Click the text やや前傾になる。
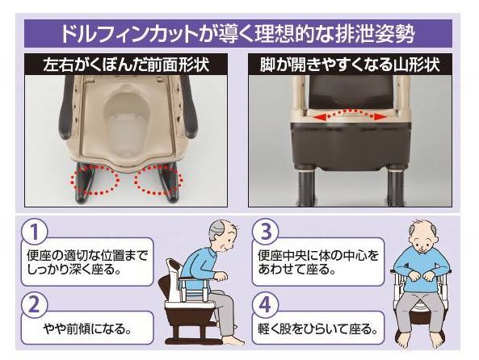[90, 331]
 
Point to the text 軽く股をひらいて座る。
[319, 331]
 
